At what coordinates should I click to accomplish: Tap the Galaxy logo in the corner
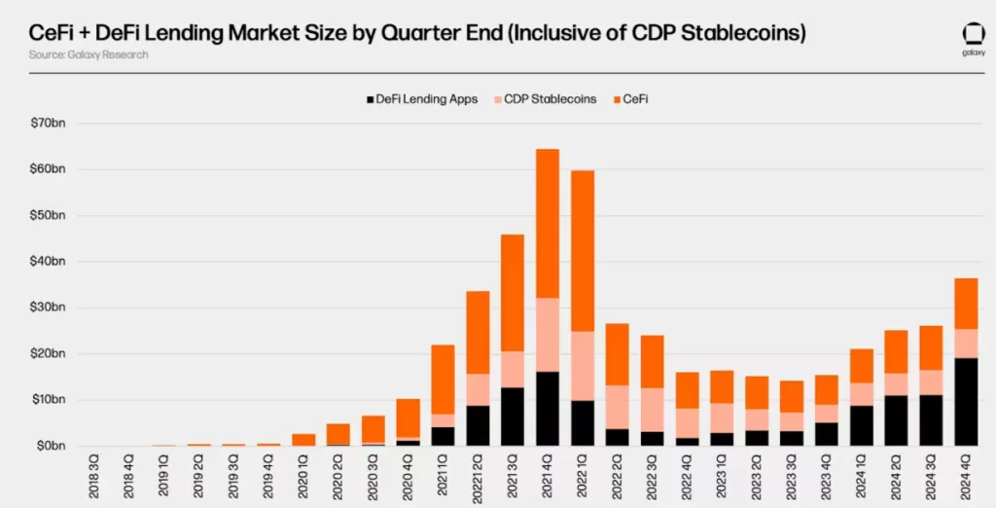point(974,40)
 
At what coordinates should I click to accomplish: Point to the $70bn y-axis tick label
point(46,124)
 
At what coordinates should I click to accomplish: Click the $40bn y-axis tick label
point(46,262)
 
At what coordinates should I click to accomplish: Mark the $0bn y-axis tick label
point(49,446)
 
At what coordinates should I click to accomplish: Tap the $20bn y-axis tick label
point(46,353)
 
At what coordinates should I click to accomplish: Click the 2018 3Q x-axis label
point(94,476)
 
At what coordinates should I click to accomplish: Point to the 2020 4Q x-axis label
point(409,476)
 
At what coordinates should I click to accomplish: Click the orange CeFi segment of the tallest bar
point(548,223)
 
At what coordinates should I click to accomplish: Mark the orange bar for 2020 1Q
point(303,440)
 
